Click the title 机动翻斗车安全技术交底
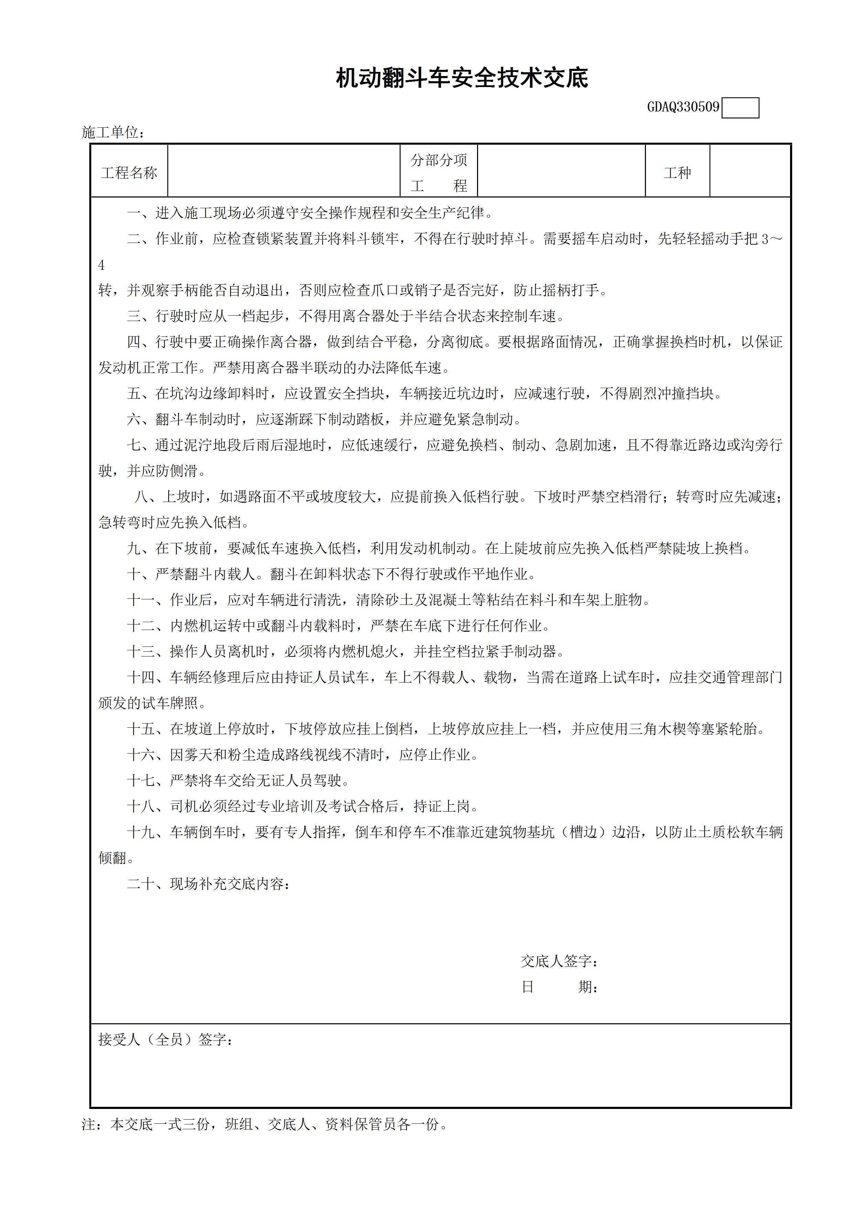click(x=462, y=78)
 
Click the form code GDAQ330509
click(x=683, y=107)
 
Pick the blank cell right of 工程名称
click(x=284, y=171)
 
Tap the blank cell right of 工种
click(x=750, y=171)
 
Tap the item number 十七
click(x=141, y=780)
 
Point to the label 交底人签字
click(x=559, y=961)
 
